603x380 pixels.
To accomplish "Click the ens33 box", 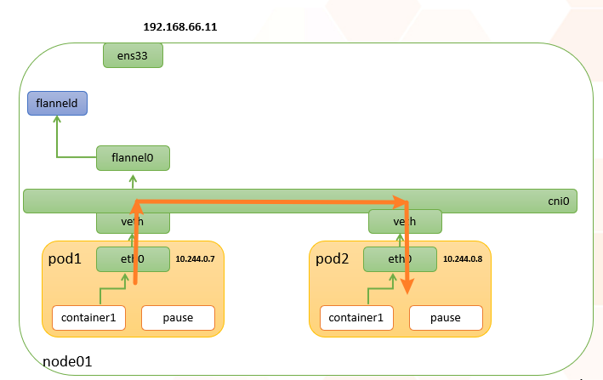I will [133, 56].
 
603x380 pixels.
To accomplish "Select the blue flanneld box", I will [57, 104].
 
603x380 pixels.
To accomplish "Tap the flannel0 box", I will [133, 157].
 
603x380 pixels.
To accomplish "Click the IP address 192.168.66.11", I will [181, 27].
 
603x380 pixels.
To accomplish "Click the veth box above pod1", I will [133, 222].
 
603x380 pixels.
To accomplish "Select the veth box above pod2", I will [405, 222].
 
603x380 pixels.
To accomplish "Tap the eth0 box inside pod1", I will [133, 259].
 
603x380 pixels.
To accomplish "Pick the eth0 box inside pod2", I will [399, 259].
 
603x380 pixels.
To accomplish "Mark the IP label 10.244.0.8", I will [463, 258].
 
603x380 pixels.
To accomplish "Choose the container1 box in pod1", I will [88, 318].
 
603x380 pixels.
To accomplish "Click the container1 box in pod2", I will [356, 318].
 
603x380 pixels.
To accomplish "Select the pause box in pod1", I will [178, 318].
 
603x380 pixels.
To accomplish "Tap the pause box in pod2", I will [445, 318].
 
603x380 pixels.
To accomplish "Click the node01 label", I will [67, 362].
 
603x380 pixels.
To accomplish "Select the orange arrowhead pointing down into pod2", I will [408, 287].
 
